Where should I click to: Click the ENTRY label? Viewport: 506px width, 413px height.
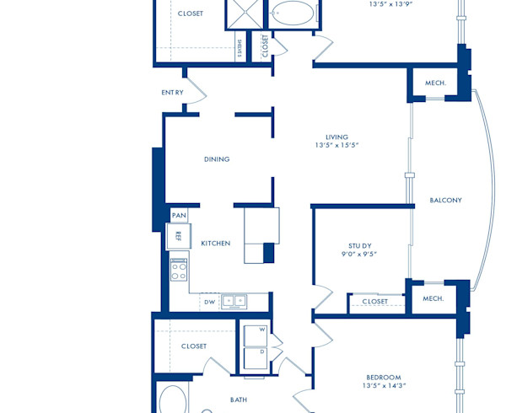[172, 92]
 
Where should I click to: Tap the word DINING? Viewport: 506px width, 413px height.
[217, 159]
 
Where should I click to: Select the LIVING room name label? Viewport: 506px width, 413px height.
[337, 137]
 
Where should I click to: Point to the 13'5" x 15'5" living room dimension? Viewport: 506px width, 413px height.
[337, 146]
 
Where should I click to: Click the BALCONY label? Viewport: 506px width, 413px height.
[445, 201]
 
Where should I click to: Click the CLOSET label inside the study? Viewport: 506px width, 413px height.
[375, 302]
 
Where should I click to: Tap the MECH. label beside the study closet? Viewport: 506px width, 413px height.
[433, 298]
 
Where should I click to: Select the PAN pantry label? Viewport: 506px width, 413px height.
[179, 216]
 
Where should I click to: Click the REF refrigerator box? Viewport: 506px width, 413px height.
[179, 236]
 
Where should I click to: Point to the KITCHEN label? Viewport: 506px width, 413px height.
[215, 244]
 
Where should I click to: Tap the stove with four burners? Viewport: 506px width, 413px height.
[179, 271]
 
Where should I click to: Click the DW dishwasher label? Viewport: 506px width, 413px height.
[209, 302]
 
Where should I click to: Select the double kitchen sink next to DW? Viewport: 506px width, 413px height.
[234, 301]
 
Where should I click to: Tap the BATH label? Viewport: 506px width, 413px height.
[239, 400]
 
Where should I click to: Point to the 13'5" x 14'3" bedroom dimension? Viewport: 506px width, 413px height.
[383, 386]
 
